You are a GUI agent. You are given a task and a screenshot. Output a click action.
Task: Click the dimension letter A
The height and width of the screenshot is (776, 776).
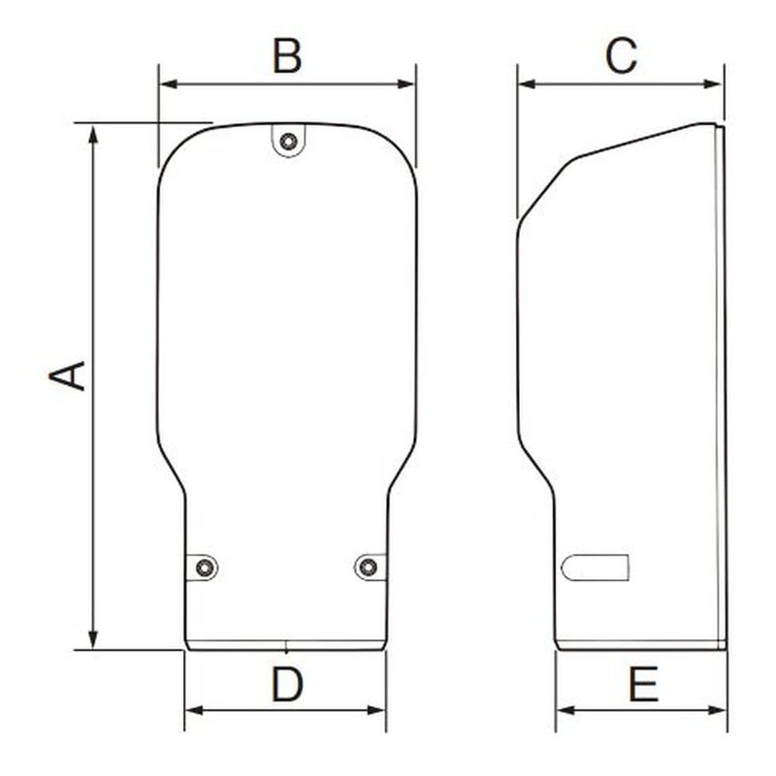(69, 375)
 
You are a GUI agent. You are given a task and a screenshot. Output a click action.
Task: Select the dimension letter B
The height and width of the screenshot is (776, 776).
(287, 57)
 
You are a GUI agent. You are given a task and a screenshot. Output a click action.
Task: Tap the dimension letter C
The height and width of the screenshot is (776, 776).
(621, 57)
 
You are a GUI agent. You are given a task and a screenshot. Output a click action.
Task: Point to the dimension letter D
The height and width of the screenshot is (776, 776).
(287, 686)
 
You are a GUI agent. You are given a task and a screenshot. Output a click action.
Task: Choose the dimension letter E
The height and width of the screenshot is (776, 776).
(642, 686)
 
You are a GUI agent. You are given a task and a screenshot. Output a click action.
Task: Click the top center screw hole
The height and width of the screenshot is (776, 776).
(287, 142)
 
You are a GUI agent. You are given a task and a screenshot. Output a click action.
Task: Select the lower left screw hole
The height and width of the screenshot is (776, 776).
(204, 567)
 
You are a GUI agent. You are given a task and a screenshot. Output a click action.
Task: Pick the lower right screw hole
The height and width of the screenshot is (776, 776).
(368, 566)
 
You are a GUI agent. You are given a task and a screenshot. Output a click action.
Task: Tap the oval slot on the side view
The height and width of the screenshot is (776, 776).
(595, 566)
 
